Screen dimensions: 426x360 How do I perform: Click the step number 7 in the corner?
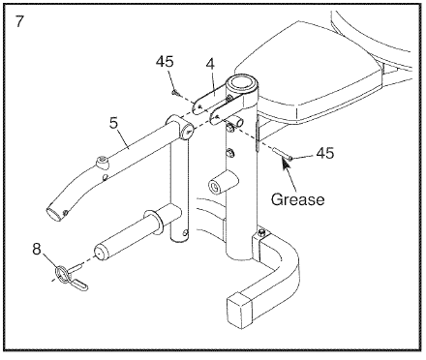pos(19,21)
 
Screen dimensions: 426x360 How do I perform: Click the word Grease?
pos(297,199)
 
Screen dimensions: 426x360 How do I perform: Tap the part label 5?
pos(114,123)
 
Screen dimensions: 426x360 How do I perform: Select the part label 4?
pos(210,64)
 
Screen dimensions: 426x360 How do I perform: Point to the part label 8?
pos(37,249)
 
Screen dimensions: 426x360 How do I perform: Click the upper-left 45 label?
pos(165,61)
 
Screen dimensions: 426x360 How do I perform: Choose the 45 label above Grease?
pos(324,153)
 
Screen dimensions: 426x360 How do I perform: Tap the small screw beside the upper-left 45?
pos(175,93)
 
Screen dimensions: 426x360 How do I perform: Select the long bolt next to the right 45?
pos(282,153)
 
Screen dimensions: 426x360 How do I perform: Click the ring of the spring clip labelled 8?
pos(64,272)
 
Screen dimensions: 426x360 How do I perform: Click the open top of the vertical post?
pos(242,84)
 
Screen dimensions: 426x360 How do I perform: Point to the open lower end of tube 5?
pos(54,214)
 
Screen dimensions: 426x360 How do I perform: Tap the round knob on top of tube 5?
pos(102,163)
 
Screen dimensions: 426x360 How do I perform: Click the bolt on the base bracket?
pos(262,232)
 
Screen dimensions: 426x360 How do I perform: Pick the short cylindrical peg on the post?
pos(224,183)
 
